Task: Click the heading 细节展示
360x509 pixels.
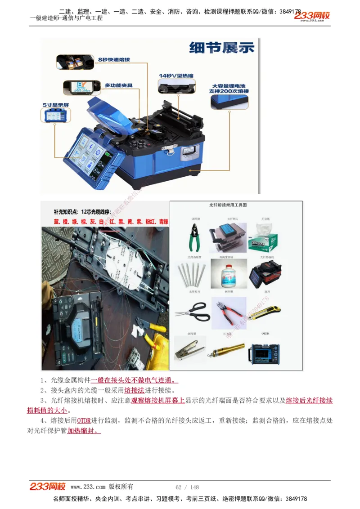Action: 222,47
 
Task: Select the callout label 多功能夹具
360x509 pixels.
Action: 118,85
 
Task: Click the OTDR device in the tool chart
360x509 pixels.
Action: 264,352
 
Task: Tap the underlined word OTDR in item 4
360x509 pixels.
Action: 84,421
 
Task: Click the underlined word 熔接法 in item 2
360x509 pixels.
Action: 134,390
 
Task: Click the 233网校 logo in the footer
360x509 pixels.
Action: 48,487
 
